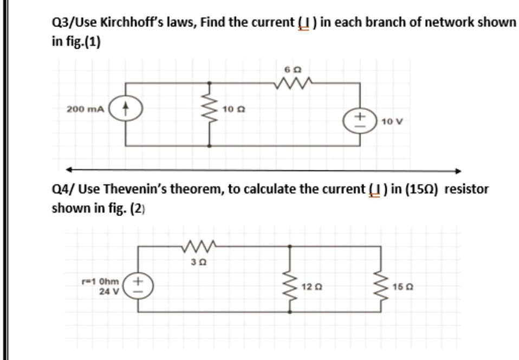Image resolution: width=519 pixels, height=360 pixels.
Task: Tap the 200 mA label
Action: (85, 109)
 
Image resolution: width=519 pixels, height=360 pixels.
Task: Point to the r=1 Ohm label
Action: (103, 282)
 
